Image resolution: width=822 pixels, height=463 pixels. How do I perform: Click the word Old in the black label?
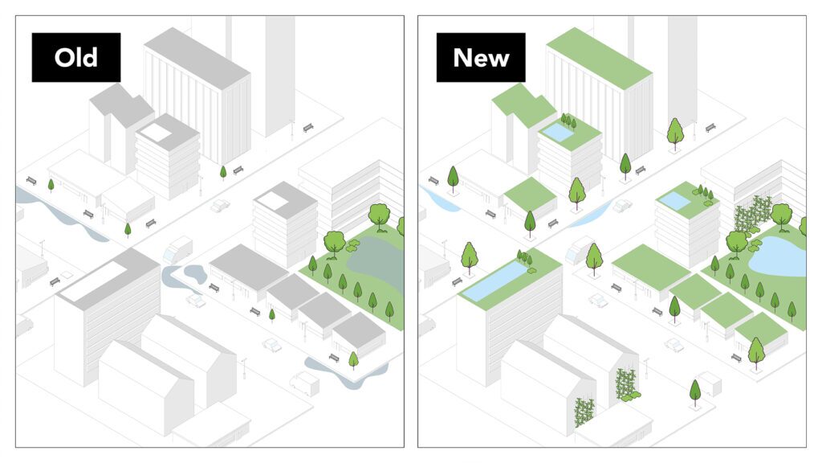tap(76, 57)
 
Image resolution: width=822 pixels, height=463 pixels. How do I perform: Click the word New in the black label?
tap(481, 58)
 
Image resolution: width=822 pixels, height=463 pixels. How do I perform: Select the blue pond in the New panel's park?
tap(779, 256)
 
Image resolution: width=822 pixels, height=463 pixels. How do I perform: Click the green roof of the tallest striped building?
tap(599, 58)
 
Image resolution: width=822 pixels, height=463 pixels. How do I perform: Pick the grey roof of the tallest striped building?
tap(197, 58)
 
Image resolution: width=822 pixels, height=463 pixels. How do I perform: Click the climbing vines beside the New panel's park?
tap(753, 213)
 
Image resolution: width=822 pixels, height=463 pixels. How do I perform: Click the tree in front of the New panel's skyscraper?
tap(675, 133)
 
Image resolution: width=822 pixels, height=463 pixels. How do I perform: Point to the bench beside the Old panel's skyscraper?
tap(308, 128)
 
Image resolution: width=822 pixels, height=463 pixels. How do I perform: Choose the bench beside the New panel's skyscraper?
tap(710, 128)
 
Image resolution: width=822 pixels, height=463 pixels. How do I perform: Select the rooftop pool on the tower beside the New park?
tap(674, 200)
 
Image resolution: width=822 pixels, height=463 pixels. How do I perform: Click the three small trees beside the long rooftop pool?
tap(524, 257)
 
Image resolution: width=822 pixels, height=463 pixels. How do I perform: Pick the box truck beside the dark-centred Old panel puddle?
tap(178, 249)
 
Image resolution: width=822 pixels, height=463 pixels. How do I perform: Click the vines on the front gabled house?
tap(585, 412)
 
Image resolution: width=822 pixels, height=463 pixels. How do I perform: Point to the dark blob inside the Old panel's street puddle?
tap(195, 271)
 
